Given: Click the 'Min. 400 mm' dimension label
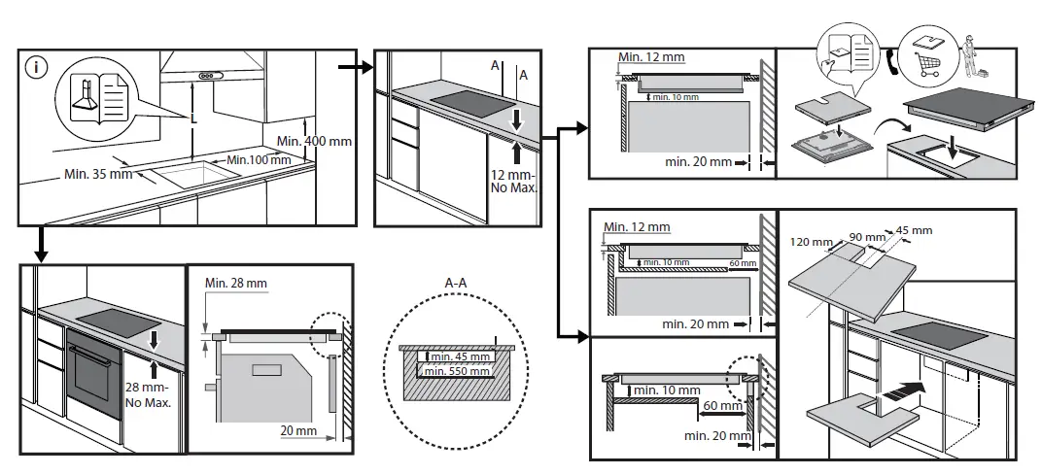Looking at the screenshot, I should pyautogui.click(x=314, y=141).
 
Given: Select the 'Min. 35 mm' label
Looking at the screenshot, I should pyautogui.click(x=97, y=174).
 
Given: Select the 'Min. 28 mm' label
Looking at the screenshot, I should pyautogui.click(x=235, y=283).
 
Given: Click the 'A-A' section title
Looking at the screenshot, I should pyautogui.click(x=456, y=283).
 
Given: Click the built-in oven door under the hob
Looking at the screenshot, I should pyautogui.click(x=93, y=374).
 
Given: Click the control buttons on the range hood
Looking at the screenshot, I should pyautogui.click(x=209, y=77).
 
